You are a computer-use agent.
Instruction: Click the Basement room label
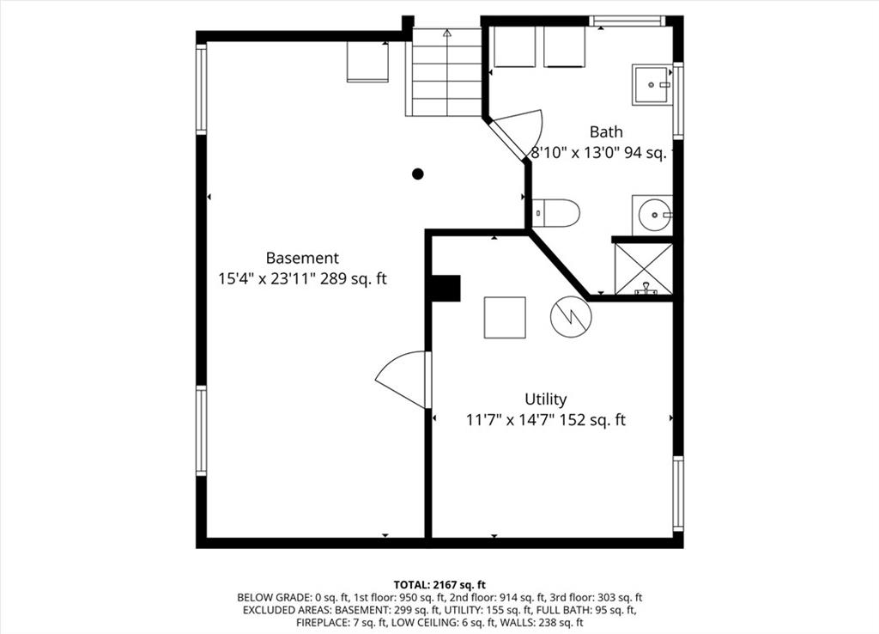tap(302, 258)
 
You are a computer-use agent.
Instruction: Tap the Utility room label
tap(545, 399)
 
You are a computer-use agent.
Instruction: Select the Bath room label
tap(606, 131)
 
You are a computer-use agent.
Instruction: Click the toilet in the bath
tap(555, 213)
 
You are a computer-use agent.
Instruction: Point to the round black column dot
tap(418, 174)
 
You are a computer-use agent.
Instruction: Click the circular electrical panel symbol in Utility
tap(571, 316)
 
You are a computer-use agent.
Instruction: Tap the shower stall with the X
tap(644, 268)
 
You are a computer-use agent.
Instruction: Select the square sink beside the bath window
tap(652, 85)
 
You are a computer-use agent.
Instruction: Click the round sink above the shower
tap(652, 215)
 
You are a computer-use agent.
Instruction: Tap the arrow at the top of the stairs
tap(446, 34)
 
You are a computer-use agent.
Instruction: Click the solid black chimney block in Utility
tap(446, 289)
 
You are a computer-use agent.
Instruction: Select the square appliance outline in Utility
tap(505, 318)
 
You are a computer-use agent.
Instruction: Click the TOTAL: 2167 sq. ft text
tap(439, 585)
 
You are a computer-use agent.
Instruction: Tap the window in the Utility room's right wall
tap(678, 493)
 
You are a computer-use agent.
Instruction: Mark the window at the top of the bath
tap(627, 21)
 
